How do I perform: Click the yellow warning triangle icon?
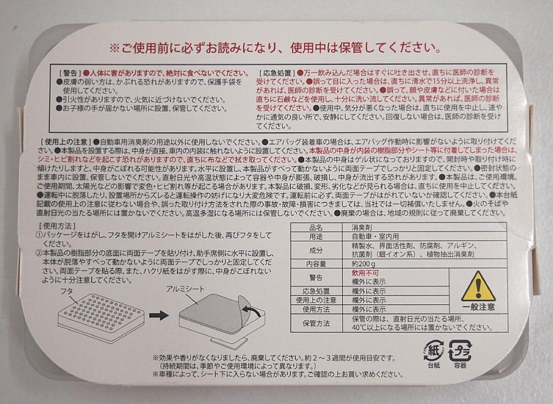(478, 286)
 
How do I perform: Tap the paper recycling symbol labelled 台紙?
(434, 350)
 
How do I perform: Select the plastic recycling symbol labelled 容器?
(460, 350)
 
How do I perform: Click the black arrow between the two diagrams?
(159, 315)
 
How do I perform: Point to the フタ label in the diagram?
(66, 292)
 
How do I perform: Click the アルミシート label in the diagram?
(185, 289)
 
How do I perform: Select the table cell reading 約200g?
(364, 264)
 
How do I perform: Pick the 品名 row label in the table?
(316, 227)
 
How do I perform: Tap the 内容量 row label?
(316, 264)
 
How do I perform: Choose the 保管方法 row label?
(316, 323)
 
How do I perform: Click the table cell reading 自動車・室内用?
(375, 236)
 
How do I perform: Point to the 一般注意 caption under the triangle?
(478, 307)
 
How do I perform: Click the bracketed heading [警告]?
(71, 73)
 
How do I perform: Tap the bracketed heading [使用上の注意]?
(66, 142)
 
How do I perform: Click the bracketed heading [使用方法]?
(57, 226)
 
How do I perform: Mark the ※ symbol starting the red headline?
(114, 48)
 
